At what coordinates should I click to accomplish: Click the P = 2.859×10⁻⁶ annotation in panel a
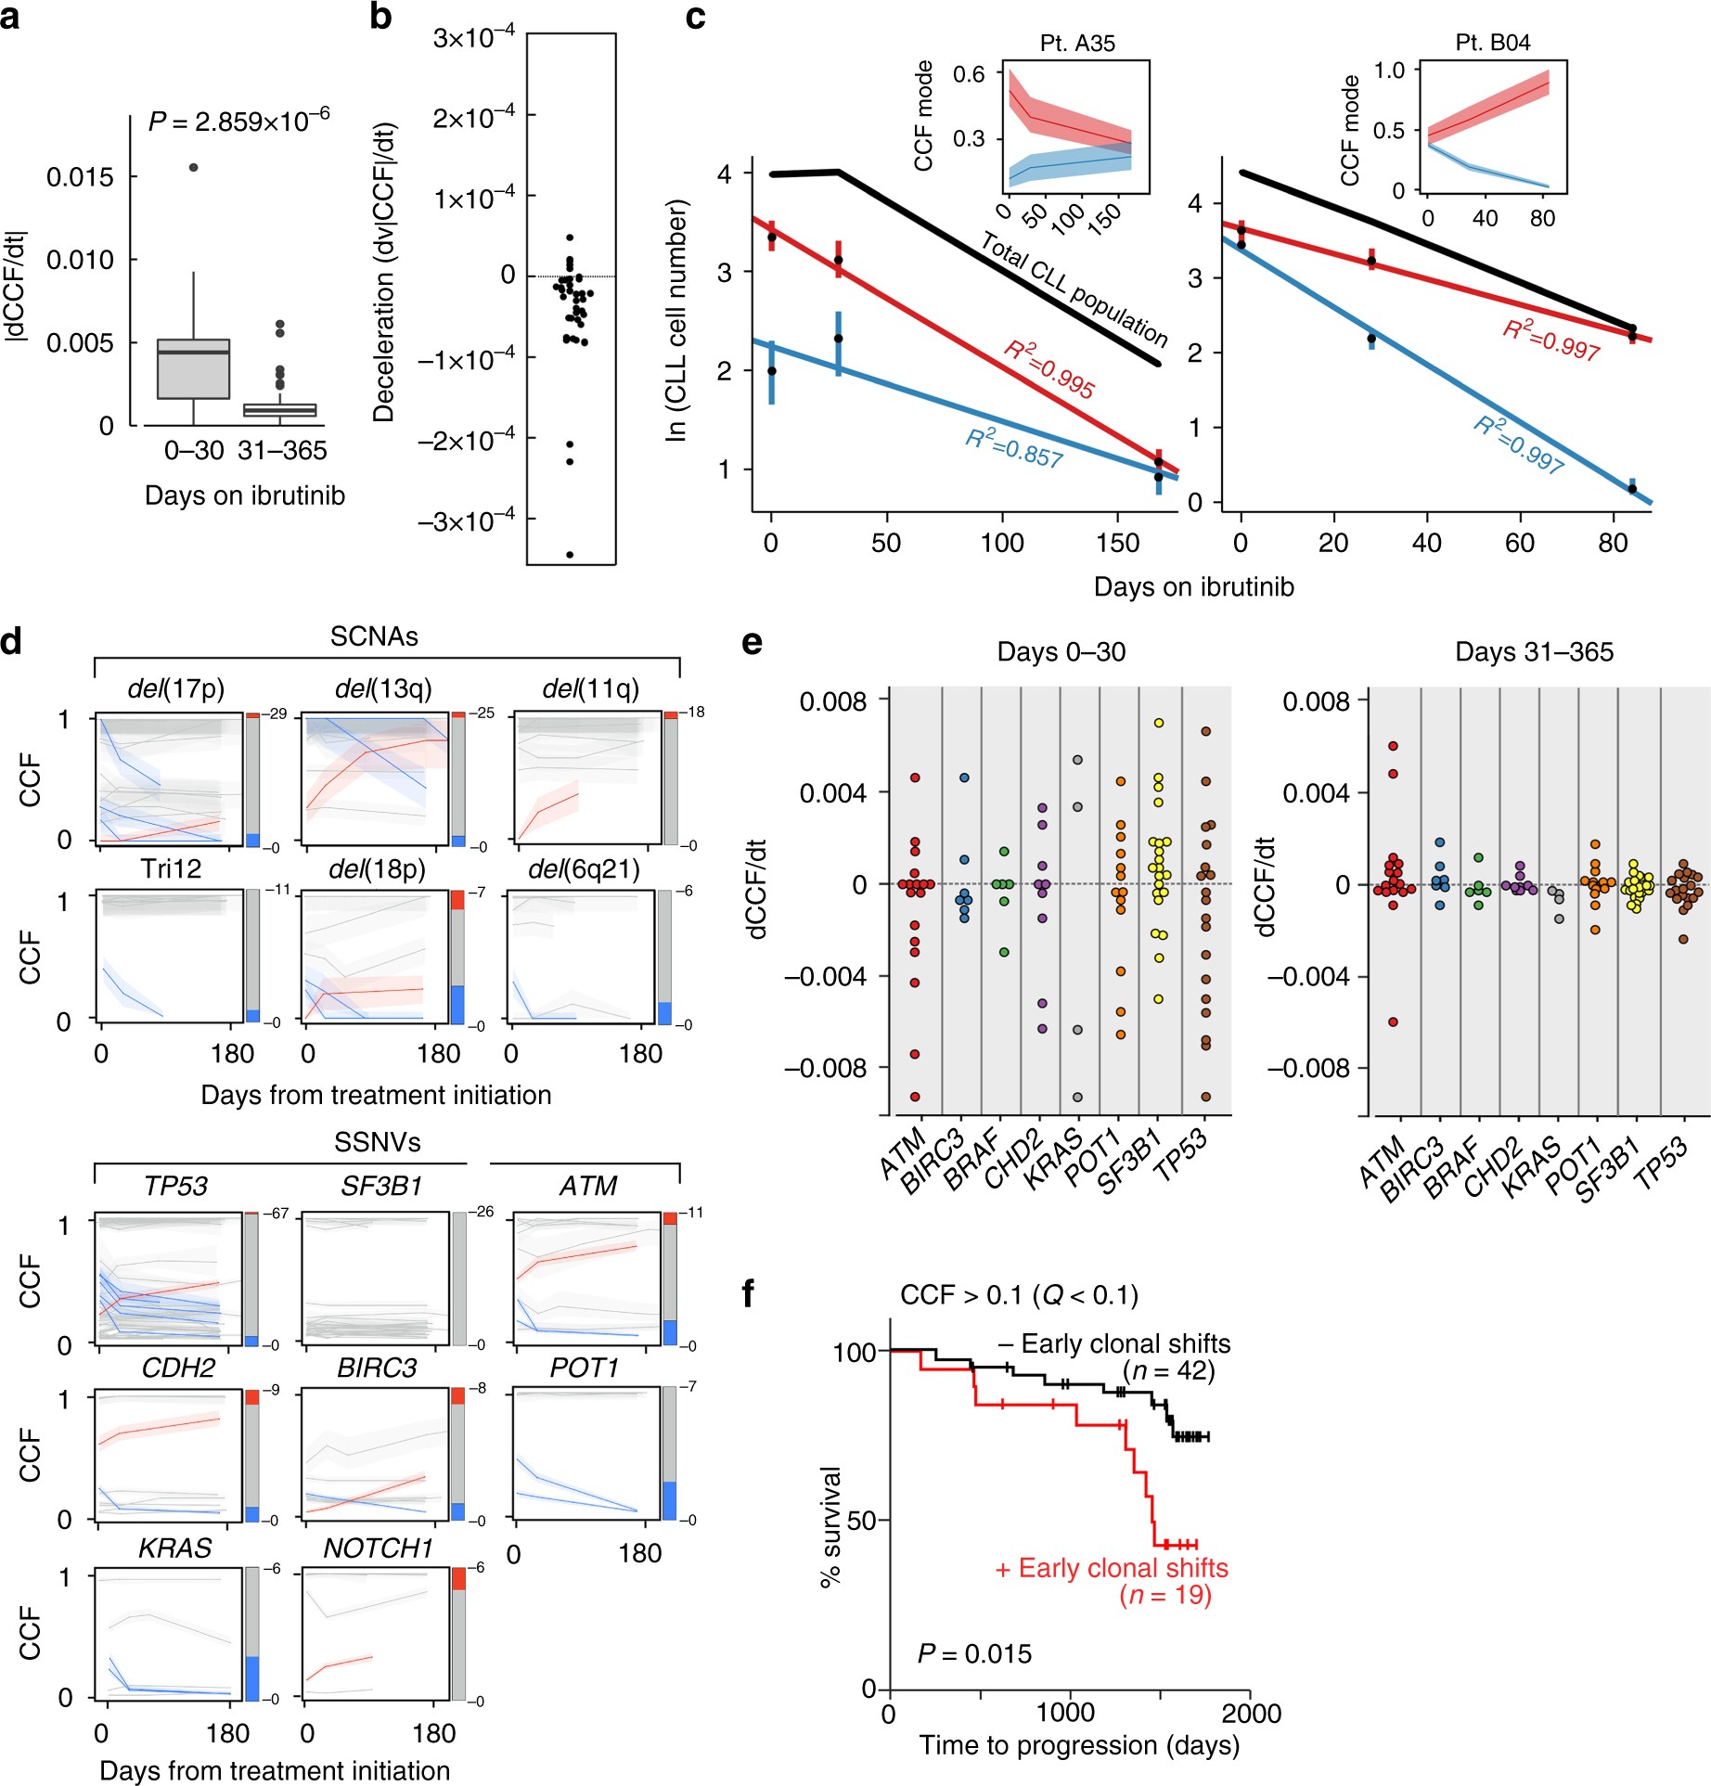(x=238, y=122)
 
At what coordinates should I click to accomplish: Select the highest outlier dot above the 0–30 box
(x=194, y=167)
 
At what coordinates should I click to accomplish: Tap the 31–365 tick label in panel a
(x=282, y=451)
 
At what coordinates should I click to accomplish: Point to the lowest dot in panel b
(x=570, y=555)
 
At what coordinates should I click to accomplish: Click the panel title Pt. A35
(x=1077, y=43)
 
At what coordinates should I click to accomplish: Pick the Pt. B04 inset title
(x=1493, y=43)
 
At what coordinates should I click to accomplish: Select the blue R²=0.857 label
(x=1014, y=448)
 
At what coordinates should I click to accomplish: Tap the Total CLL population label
(x=1074, y=289)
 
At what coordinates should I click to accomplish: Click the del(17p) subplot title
(x=176, y=688)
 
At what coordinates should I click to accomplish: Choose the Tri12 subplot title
(x=171, y=868)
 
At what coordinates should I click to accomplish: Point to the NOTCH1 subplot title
(x=378, y=1548)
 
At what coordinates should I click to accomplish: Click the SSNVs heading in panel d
(x=377, y=1142)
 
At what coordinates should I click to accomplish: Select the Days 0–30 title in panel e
(x=1061, y=651)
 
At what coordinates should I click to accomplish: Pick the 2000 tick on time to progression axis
(x=1251, y=1713)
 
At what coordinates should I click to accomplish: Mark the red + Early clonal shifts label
(x=1112, y=1568)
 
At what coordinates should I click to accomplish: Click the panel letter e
(x=752, y=642)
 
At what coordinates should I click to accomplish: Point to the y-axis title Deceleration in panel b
(x=384, y=274)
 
